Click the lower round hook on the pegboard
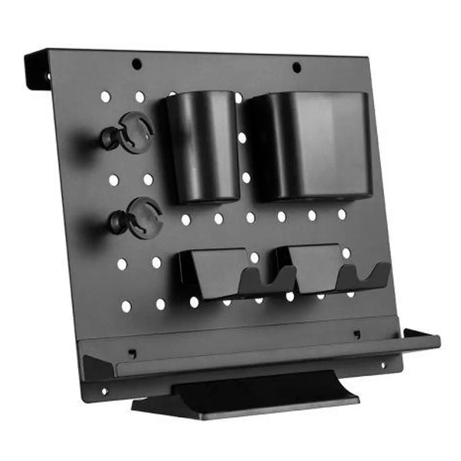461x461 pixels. point(138,218)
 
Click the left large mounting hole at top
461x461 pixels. point(136,64)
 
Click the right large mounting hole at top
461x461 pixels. point(296,67)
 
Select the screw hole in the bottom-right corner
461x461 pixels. point(382,365)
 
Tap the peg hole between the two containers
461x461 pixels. point(242,137)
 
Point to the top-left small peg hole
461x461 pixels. point(106,97)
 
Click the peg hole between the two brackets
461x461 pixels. point(254,258)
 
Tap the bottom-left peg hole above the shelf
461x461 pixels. point(126,305)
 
